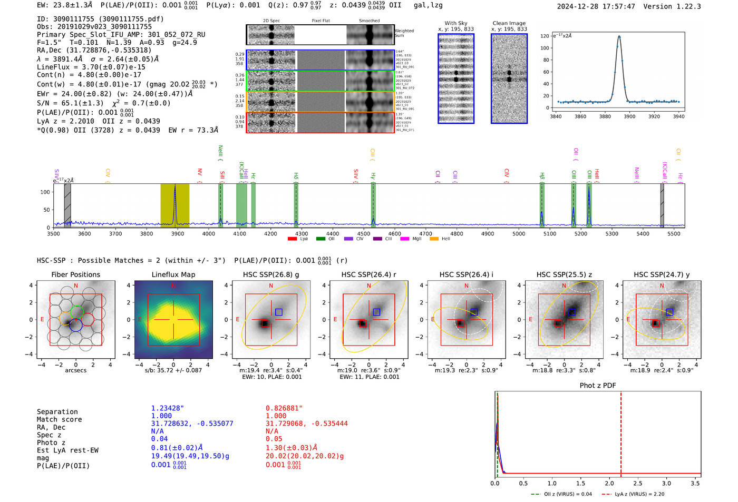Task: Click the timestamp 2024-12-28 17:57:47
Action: tap(596, 6)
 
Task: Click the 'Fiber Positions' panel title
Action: tap(75, 274)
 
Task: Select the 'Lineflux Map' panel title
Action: tap(173, 274)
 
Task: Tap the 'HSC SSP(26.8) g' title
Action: tap(271, 274)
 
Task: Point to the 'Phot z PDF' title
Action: tap(598, 386)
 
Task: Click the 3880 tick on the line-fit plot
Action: tap(605, 116)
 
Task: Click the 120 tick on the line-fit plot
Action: tap(545, 36)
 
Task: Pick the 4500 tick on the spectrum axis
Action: tap(363, 234)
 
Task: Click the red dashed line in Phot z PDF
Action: tap(621, 432)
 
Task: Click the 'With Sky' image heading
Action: tap(456, 23)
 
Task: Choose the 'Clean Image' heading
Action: tap(509, 23)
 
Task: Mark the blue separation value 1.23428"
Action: tap(168, 408)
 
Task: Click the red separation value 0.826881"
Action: tap(284, 408)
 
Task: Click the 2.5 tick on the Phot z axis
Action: tap(638, 483)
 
